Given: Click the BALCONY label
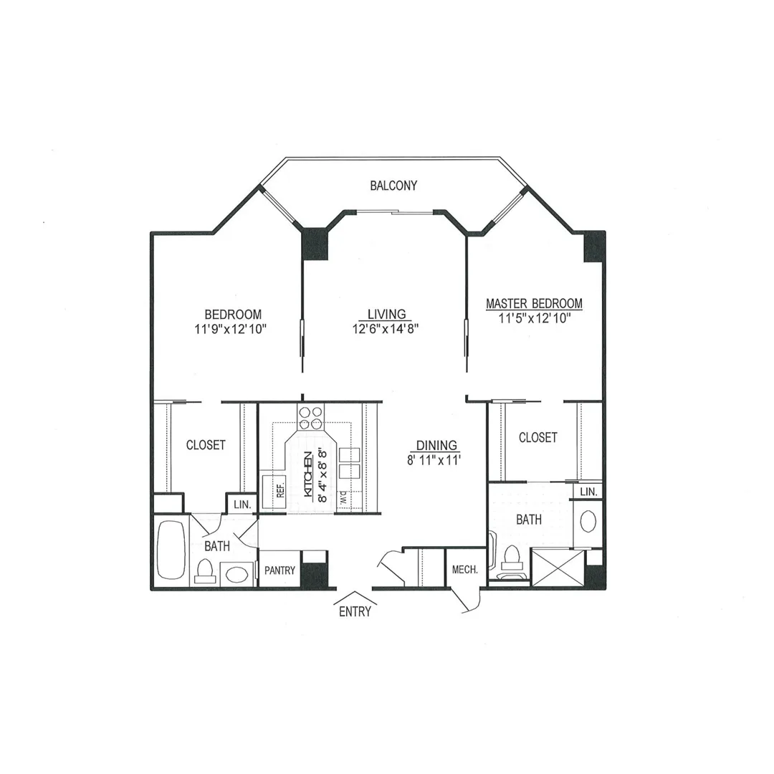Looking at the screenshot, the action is [x=393, y=186].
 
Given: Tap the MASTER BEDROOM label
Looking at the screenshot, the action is [x=534, y=303].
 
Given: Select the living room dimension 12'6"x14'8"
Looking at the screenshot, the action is [x=386, y=329].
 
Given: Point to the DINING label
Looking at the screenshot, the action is [x=436, y=445].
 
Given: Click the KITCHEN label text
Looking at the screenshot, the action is [x=308, y=474].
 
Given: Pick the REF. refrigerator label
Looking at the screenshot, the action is [x=280, y=490].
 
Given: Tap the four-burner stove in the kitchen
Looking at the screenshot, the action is [x=310, y=418].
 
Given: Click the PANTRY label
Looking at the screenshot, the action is [x=280, y=570].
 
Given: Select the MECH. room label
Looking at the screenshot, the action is [x=465, y=570].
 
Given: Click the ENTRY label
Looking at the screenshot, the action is [x=355, y=611].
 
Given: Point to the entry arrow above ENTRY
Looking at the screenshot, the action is [x=355, y=598].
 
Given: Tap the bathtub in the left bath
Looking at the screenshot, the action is [x=171, y=550].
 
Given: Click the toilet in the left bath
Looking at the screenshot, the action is [x=204, y=571].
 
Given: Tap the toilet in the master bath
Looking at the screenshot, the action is [x=512, y=563].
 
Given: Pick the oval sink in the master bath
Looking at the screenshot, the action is [x=588, y=521].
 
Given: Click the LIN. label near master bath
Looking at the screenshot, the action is [x=588, y=492].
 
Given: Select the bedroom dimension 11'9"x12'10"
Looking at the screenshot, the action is [x=231, y=329].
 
